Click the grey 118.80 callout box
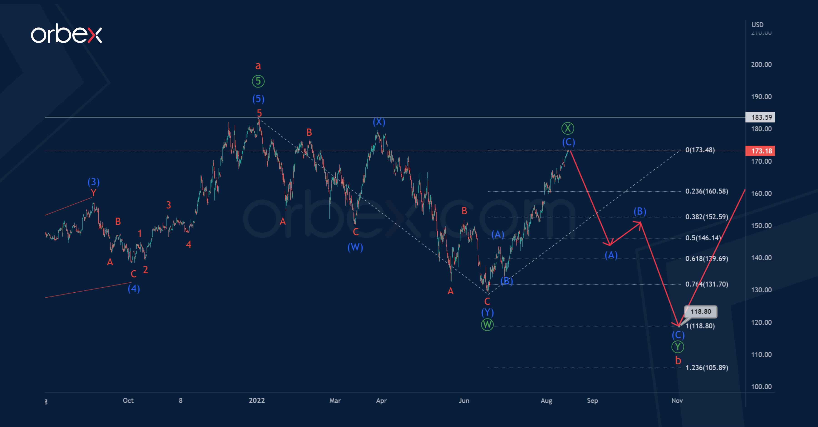pyautogui.click(x=701, y=311)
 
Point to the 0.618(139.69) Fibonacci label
pyautogui.click(x=706, y=259)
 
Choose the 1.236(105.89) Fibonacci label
pyautogui.click(x=706, y=368)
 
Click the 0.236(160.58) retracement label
pyautogui.click(x=706, y=191)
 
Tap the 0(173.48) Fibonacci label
pyautogui.click(x=700, y=150)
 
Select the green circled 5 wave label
pyautogui.click(x=258, y=81)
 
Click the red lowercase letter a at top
pyautogui.click(x=258, y=66)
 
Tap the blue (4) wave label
pyautogui.click(x=134, y=289)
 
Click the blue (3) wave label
pyautogui.click(x=93, y=182)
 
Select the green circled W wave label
pyautogui.click(x=487, y=325)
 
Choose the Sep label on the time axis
pyautogui.click(x=592, y=401)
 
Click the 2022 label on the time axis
pyautogui.click(x=257, y=401)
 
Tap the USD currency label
pyautogui.click(x=757, y=25)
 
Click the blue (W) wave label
pyautogui.click(x=355, y=247)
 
